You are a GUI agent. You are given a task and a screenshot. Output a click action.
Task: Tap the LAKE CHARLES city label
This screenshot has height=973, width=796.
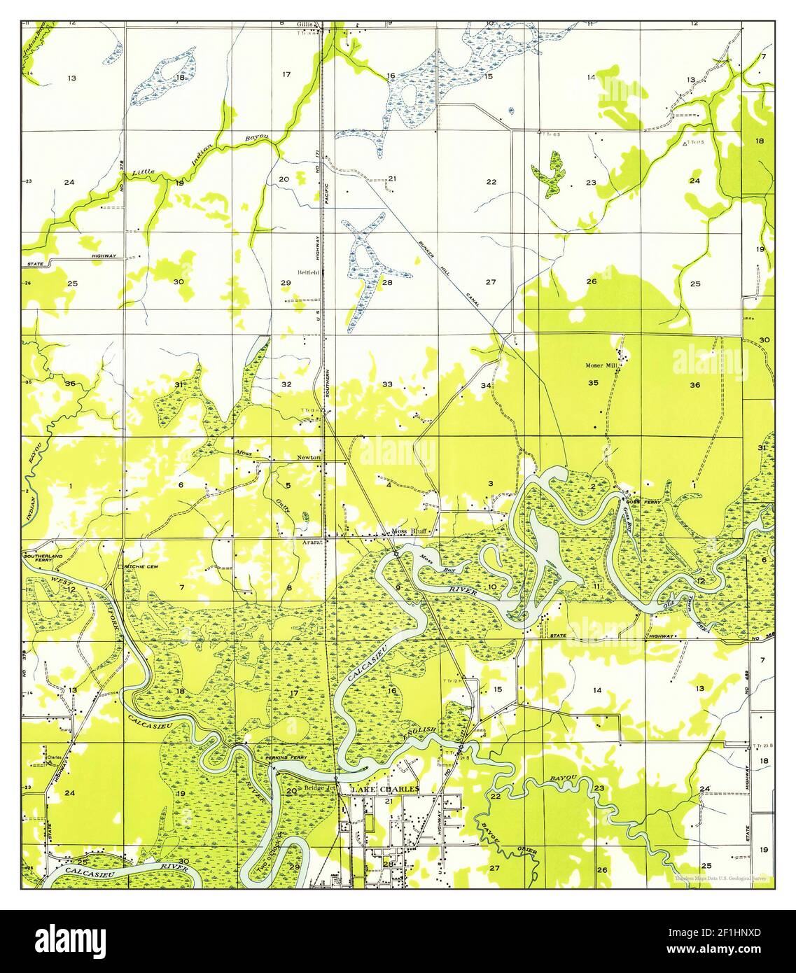[x=386, y=789]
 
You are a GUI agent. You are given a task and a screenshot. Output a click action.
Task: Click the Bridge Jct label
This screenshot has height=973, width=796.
[x=321, y=789]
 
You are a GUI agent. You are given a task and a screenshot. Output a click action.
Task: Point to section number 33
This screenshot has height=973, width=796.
[x=387, y=384]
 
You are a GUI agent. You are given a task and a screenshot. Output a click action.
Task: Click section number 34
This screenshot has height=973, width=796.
[x=485, y=385]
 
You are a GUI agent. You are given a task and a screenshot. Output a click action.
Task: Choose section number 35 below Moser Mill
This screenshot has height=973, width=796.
[x=593, y=383]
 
